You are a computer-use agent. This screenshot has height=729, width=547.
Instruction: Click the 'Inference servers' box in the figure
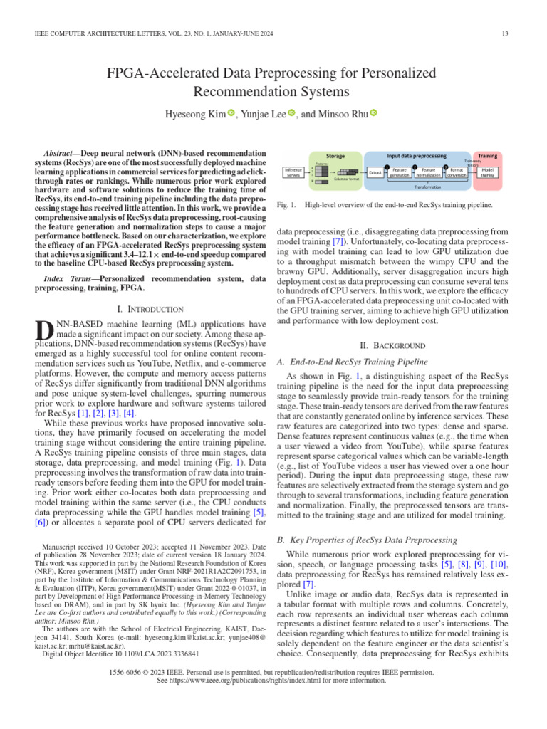[x=293, y=172]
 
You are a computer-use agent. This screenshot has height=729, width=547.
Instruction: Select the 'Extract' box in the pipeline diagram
[x=375, y=172]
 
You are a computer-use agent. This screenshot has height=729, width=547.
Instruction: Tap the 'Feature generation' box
[x=400, y=172]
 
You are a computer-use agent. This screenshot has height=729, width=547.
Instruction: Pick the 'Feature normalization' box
[x=429, y=172]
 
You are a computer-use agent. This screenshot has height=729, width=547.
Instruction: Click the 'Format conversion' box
[x=457, y=172]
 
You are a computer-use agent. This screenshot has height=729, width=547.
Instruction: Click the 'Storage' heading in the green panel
[x=335, y=154]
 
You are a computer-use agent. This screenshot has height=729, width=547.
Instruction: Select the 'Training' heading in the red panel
[x=488, y=154]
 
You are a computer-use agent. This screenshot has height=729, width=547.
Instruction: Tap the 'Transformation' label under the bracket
[x=428, y=187]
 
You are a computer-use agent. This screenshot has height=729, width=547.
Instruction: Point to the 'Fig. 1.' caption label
[x=285, y=205]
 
